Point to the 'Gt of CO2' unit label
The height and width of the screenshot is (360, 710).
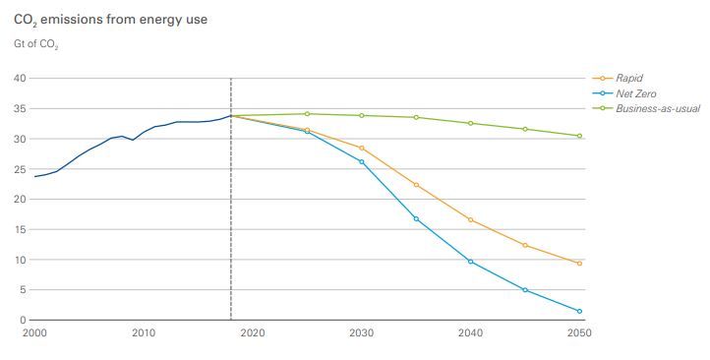point(36,44)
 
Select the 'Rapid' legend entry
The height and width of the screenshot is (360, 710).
point(629,78)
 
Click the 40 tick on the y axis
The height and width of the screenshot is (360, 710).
point(21,78)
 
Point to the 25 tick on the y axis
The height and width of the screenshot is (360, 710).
point(21,169)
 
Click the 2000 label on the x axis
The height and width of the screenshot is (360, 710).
point(34,333)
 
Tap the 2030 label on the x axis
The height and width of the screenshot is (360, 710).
point(362,333)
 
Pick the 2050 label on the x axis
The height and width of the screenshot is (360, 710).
point(579,333)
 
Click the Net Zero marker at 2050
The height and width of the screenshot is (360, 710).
point(579,311)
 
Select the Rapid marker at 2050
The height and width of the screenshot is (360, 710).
point(579,264)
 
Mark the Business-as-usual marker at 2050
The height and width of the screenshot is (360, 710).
point(579,136)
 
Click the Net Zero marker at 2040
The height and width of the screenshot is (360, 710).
point(471,262)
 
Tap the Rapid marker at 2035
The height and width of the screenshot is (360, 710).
point(416,185)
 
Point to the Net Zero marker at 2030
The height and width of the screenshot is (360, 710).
point(362,161)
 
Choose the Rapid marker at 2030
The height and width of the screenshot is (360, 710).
point(362,148)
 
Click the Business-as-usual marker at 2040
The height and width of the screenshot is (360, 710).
point(471,123)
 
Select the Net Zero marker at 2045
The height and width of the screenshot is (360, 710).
point(525,290)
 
